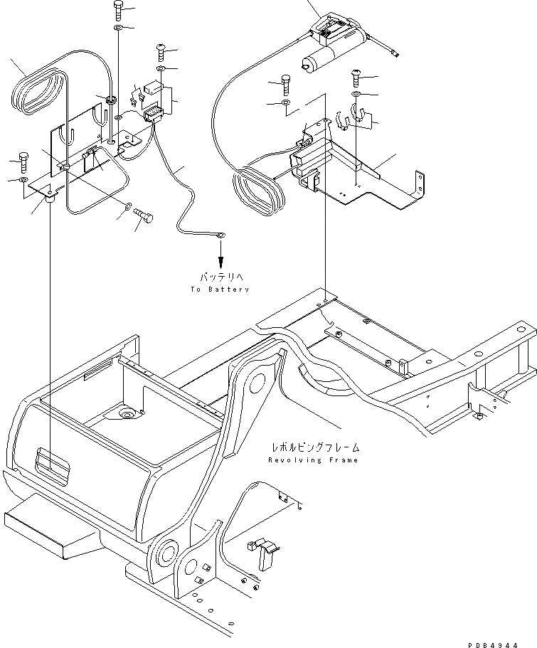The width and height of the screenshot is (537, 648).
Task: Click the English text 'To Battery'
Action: pos(220,290)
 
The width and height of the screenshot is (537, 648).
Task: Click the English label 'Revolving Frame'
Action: pos(313,460)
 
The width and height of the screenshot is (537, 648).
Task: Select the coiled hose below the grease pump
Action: pos(257,189)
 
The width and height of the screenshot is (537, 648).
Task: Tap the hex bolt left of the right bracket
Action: pos(286,85)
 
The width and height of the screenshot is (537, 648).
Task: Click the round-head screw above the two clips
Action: pos(356,77)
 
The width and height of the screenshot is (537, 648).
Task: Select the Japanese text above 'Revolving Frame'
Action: pos(314,447)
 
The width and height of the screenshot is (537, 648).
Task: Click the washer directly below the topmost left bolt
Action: pos(118,28)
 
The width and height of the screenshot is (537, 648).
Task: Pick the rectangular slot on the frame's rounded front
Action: pos(52,462)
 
